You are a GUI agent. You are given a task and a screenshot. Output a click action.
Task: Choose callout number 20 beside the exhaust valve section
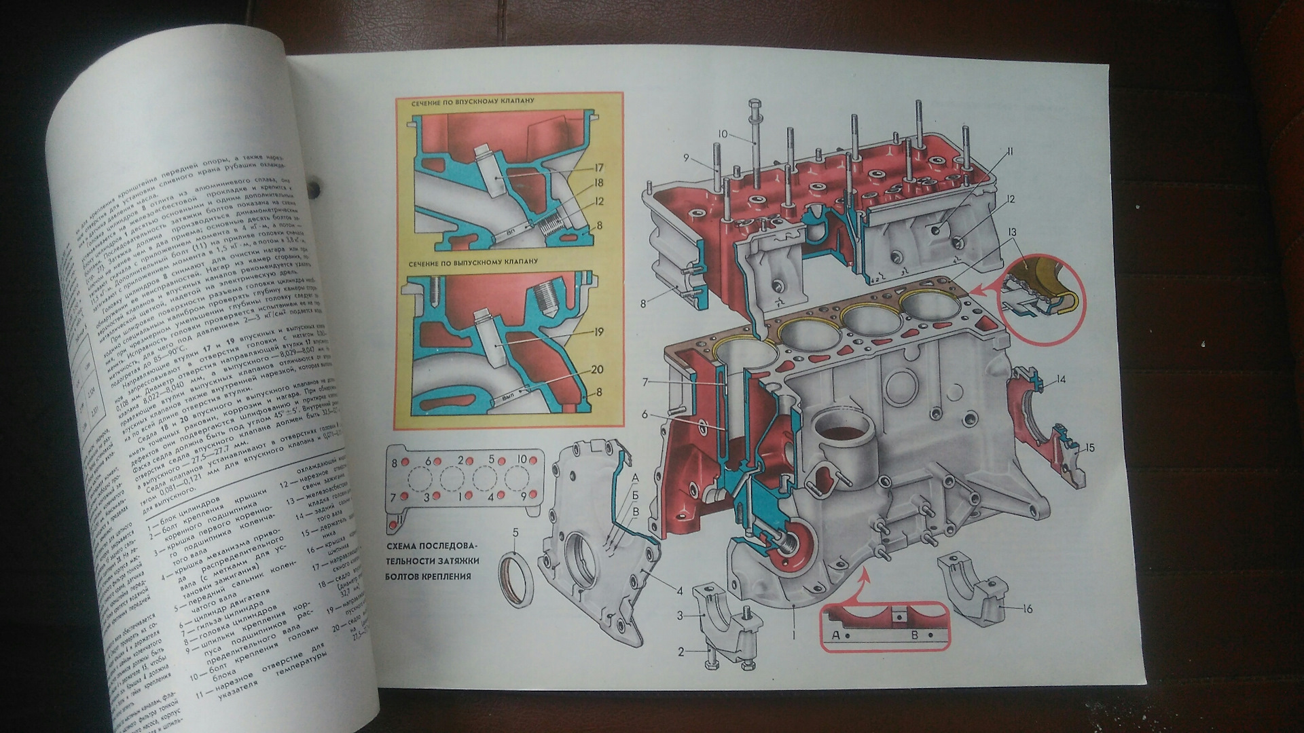point(597,370)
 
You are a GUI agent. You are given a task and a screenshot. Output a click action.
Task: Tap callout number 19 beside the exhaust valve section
point(598,333)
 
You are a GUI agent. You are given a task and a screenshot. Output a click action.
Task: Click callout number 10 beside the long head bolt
point(720,134)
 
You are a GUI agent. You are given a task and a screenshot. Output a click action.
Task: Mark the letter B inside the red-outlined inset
point(914,636)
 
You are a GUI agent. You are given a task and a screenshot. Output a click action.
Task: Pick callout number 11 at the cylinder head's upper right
point(1009,153)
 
